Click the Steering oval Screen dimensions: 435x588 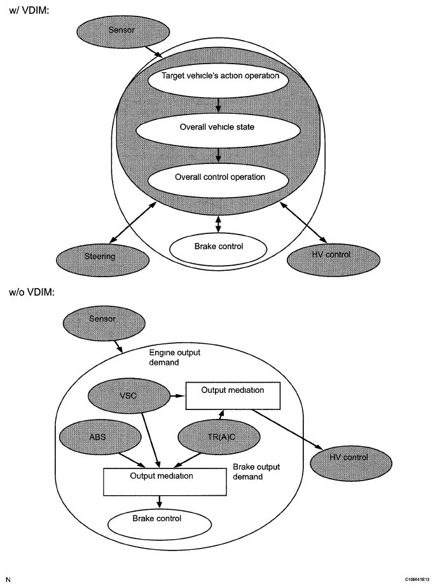(x=102, y=259)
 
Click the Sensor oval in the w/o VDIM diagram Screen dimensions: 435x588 (x=104, y=323)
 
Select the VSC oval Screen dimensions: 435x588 (x=128, y=396)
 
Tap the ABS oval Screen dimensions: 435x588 (x=100, y=437)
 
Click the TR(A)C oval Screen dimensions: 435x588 (x=219, y=437)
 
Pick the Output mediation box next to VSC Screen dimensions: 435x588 (x=233, y=395)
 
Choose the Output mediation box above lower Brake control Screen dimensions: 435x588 (x=165, y=481)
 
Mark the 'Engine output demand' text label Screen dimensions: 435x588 (x=174, y=357)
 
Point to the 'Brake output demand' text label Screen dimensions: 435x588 (x=256, y=472)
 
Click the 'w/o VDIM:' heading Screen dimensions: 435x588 (x=32, y=292)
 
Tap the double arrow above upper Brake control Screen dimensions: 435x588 (x=218, y=224)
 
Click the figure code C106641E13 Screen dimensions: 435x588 (x=417, y=579)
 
